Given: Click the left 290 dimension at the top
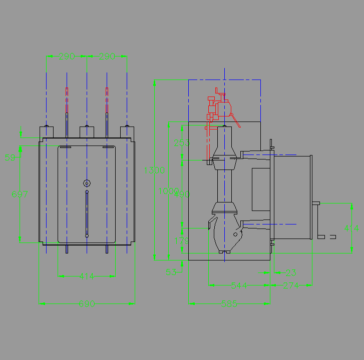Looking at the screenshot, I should pos(66,56).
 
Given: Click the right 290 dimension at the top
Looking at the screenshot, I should pos(107,56).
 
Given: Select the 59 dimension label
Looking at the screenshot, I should pos(10,158).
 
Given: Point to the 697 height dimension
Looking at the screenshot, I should pos(20,195).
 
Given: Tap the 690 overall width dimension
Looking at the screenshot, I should pos(87,303).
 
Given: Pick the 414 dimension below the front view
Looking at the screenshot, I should pos(87,275).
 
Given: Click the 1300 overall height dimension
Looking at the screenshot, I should pos(155,170).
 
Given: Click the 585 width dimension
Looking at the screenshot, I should pos(229,303).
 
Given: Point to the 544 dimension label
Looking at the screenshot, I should pos(239,285).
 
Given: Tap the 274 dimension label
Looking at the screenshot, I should pos(291,285).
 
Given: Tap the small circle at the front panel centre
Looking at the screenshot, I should pos(87,182).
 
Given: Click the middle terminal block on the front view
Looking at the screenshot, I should pos(87,131).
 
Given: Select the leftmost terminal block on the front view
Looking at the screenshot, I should pos(47,131).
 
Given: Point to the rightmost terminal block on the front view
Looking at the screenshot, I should pos(127,131).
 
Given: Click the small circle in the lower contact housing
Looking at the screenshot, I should pos(235,233).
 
